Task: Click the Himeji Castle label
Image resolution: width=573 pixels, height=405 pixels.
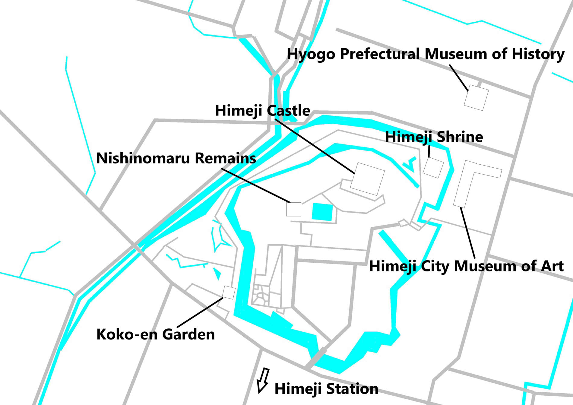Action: (x=262, y=111)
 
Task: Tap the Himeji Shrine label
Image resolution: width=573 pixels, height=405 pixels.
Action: (x=434, y=137)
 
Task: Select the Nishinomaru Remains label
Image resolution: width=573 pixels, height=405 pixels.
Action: (x=176, y=158)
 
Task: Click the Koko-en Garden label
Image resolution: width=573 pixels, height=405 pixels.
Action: (x=156, y=334)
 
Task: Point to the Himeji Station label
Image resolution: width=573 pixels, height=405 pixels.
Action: (x=326, y=389)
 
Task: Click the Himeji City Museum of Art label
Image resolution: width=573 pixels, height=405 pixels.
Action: (x=466, y=266)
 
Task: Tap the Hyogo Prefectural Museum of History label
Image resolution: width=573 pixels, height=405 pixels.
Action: (x=425, y=55)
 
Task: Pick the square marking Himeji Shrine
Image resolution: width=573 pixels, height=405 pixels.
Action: (x=433, y=168)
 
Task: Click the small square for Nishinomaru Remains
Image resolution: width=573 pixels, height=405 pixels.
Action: (x=293, y=209)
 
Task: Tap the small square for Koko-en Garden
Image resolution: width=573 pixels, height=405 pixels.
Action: (x=229, y=293)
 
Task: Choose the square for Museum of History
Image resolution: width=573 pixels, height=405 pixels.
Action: (x=476, y=98)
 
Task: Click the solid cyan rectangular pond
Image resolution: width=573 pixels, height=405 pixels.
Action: (x=322, y=212)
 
